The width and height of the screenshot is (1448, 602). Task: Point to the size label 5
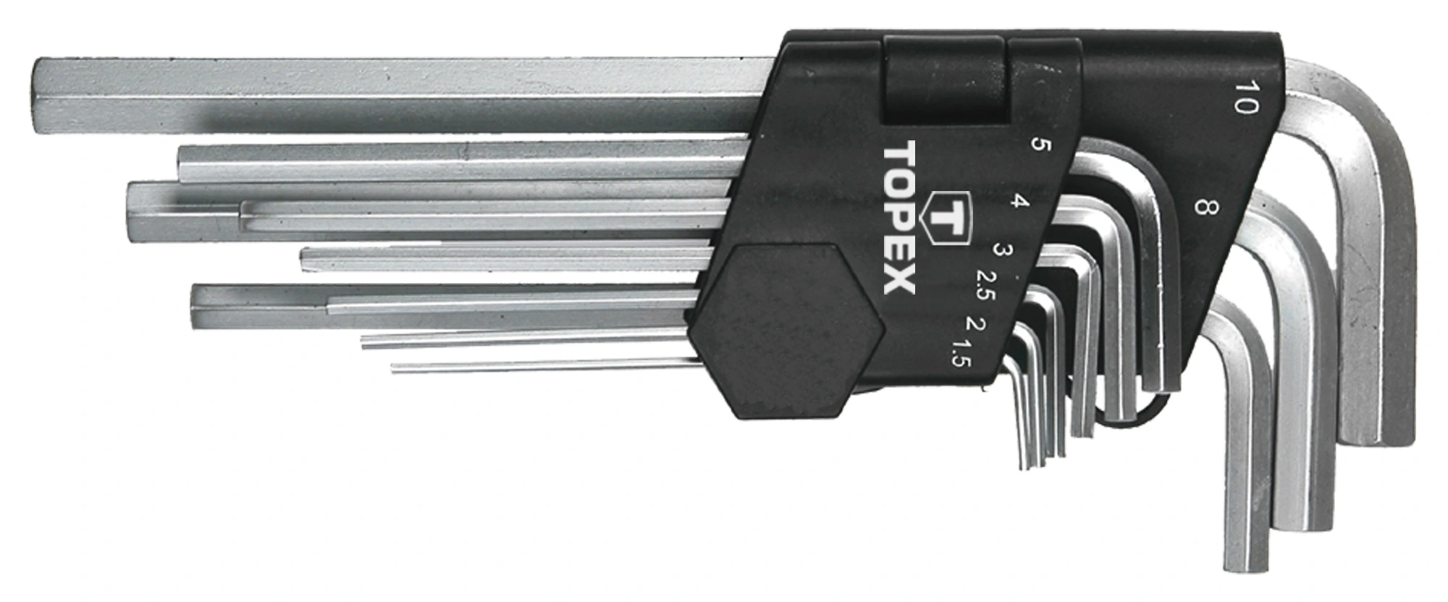[x=1043, y=145]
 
